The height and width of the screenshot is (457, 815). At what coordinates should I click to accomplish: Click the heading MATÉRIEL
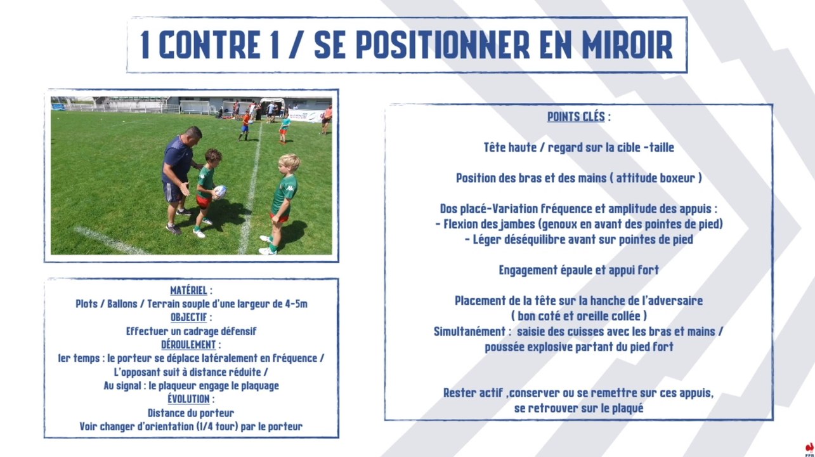click(x=188, y=291)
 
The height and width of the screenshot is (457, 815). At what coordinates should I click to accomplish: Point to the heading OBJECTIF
click(x=189, y=317)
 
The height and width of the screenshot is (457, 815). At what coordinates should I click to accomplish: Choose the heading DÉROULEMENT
click(x=188, y=345)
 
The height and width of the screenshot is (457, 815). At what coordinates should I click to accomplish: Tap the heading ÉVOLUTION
click(x=188, y=399)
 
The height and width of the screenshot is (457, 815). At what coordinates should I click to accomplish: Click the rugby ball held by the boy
click(x=220, y=191)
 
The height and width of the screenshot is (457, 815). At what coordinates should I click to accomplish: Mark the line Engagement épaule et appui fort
click(x=578, y=270)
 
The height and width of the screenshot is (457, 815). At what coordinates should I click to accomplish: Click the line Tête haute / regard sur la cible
click(x=578, y=148)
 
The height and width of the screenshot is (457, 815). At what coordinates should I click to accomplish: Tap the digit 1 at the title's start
click(x=145, y=45)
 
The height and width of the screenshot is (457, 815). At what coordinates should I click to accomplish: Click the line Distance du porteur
click(x=191, y=413)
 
